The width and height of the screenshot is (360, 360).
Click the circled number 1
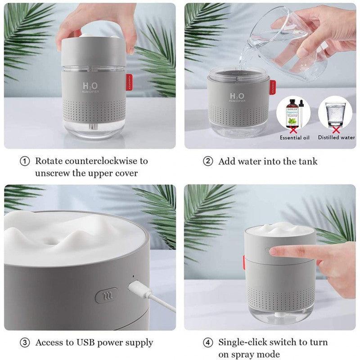pyautogui.click(x=25, y=161)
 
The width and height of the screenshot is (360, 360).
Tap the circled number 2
pyautogui.click(x=208, y=161)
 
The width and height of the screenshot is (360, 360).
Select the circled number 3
pyautogui.click(x=25, y=342)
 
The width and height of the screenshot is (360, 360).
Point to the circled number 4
pyautogui.click(x=208, y=342)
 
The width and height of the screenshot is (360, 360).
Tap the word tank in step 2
pyautogui.click(x=307, y=161)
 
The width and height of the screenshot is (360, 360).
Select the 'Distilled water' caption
pyautogui.click(x=337, y=137)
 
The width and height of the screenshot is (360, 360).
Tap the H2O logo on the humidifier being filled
pyautogui.click(x=238, y=96)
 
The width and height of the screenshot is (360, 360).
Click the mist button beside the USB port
pyautogui.click(x=107, y=295)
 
